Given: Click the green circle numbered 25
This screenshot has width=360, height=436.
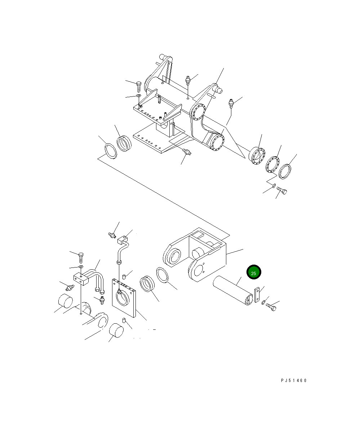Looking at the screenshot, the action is point(254,272).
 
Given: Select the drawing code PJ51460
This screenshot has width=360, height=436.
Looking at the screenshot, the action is point(294,381).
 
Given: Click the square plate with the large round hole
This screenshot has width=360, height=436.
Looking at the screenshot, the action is point(124,298).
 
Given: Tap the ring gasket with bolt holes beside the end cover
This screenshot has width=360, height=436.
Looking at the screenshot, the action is point(272,164).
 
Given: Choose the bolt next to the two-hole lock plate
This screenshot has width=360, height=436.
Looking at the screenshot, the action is point(271,307).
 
